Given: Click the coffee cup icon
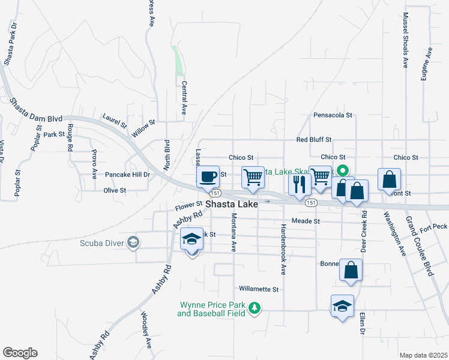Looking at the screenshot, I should click(x=208, y=177).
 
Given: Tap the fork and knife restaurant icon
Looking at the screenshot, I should click(x=298, y=184).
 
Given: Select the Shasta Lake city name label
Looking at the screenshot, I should click(x=232, y=205).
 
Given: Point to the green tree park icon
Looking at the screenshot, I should click(x=256, y=308).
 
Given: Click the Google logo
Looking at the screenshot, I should click(x=20, y=353).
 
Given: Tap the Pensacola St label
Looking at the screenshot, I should click(x=333, y=115).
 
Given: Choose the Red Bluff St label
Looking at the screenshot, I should click(x=314, y=139).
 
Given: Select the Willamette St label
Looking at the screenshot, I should click(x=259, y=289).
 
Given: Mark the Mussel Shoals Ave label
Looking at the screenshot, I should click(x=405, y=40).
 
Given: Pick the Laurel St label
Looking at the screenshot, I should click(x=115, y=121).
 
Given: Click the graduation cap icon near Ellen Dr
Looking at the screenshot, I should click(x=342, y=306).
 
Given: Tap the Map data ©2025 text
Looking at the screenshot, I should click(x=423, y=355).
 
